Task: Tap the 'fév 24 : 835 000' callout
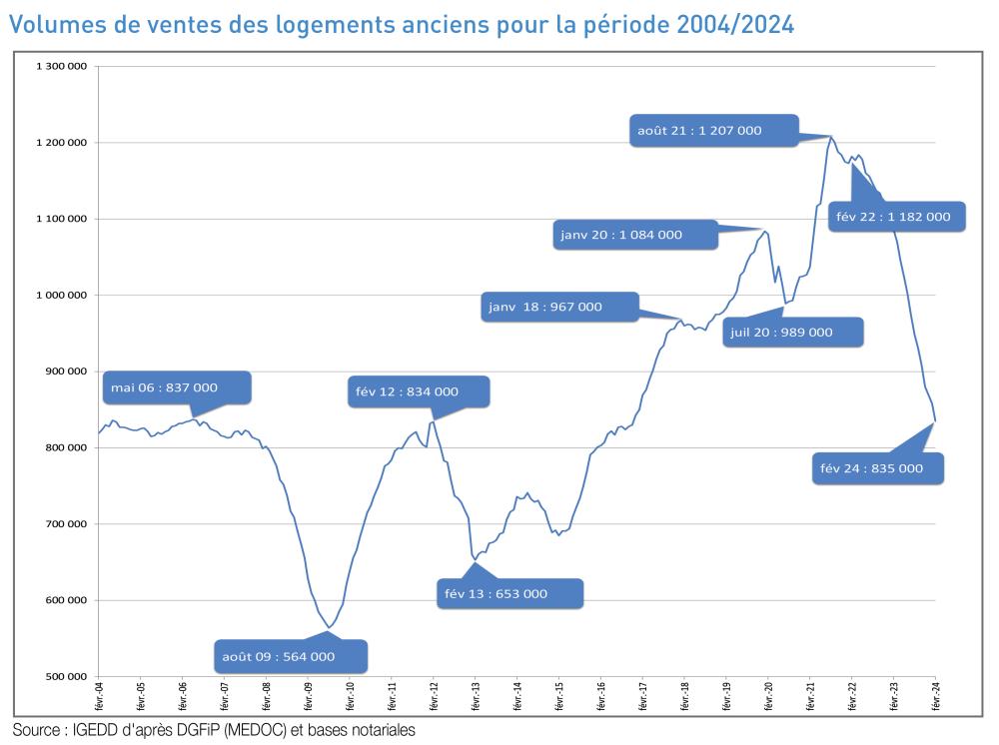(876, 468)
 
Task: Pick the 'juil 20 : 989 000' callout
(794, 332)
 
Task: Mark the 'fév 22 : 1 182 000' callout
(897, 216)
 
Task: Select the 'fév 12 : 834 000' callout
(419, 391)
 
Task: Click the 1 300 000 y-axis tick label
(62, 67)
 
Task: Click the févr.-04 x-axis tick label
(99, 694)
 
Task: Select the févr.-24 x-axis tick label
(935, 694)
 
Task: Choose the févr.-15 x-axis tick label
(558, 694)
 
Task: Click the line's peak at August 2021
(830, 136)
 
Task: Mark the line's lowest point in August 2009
(329, 628)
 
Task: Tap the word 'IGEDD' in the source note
(98, 730)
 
